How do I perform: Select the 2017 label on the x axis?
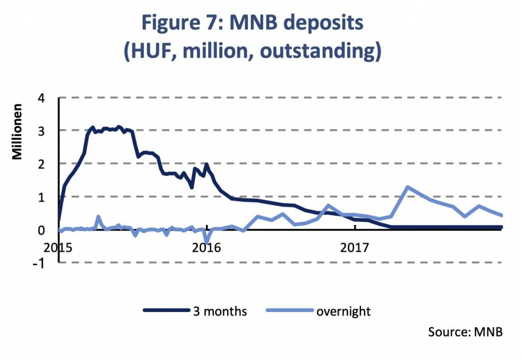355,248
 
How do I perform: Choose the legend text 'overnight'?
343,311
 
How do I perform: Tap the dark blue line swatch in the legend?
166,311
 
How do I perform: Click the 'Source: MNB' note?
465,332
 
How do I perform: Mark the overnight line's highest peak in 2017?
407,187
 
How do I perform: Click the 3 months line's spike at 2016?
206,164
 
